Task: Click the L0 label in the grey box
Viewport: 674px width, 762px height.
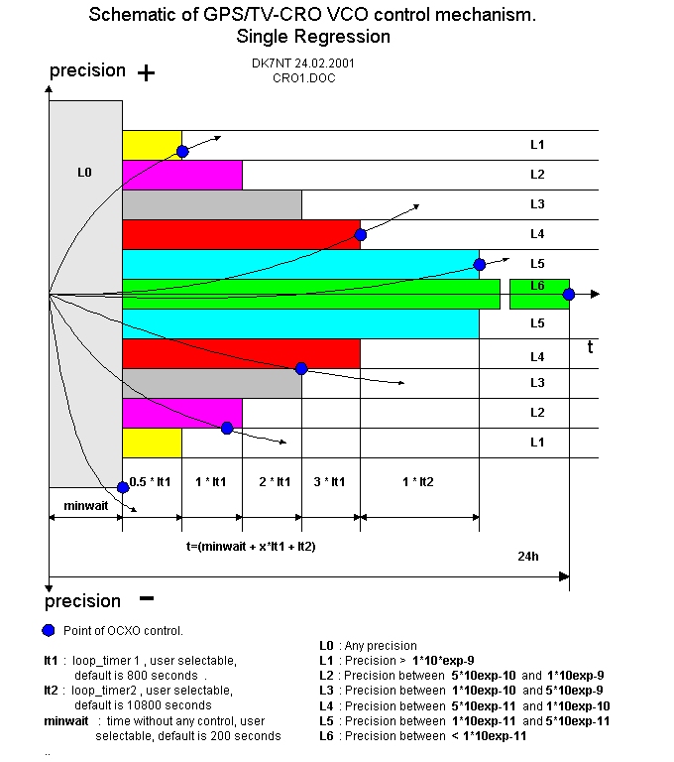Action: click(84, 173)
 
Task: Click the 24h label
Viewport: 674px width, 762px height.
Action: click(528, 557)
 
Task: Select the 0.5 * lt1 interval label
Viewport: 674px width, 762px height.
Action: click(152, 481)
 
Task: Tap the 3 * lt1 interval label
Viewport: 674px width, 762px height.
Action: click(330, 481)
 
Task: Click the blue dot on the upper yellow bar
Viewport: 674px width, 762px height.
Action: click(182, 152)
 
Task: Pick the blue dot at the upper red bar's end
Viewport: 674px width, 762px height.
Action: click(361, 235)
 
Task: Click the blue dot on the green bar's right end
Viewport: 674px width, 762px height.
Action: click(569, 294)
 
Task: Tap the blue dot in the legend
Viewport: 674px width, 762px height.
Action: click(49, 630)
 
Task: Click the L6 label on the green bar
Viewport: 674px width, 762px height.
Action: click(537, 286)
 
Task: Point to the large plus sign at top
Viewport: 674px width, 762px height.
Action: click(146, 72)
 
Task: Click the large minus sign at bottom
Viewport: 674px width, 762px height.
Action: click(146, 598)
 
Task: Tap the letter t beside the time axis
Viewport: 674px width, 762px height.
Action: click(590, 347)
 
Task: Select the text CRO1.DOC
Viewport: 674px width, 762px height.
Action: click(304, 77)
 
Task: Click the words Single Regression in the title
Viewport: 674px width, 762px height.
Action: click(313, 37)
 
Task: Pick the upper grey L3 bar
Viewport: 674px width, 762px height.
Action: click(212, 204)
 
